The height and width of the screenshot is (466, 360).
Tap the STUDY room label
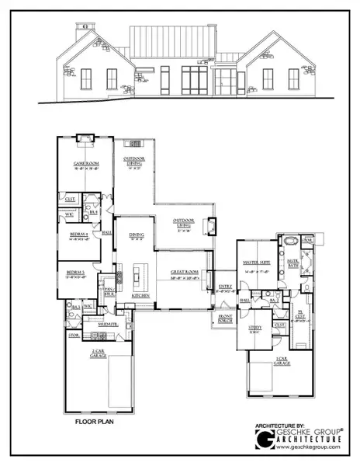coord(255,328)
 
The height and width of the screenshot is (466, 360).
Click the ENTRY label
coord(225,285)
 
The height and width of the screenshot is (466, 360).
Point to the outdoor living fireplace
coord(209,226)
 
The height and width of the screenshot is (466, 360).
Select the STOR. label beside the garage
coord(74,336)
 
